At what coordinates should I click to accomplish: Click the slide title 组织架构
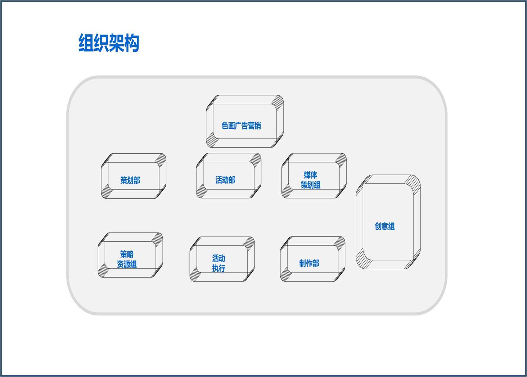pos(109,42)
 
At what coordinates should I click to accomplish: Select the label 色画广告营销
pos(241,125)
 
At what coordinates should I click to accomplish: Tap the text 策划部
pos(130,180)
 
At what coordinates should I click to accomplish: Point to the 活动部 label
pos(225,180)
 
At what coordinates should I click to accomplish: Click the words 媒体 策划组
pos(310,180)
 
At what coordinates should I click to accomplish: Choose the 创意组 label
pos(385,226)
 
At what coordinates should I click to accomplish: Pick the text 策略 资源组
pos(127,259)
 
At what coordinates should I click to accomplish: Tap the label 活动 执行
pos(219,263)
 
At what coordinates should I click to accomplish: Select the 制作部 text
pos(309,263)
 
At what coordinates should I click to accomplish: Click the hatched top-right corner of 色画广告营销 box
pos(278,101)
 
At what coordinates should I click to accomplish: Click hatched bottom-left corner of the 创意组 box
pos(363,261)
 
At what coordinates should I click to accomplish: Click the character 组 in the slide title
pos(86,42)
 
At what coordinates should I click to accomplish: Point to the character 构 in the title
pos(132,42)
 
